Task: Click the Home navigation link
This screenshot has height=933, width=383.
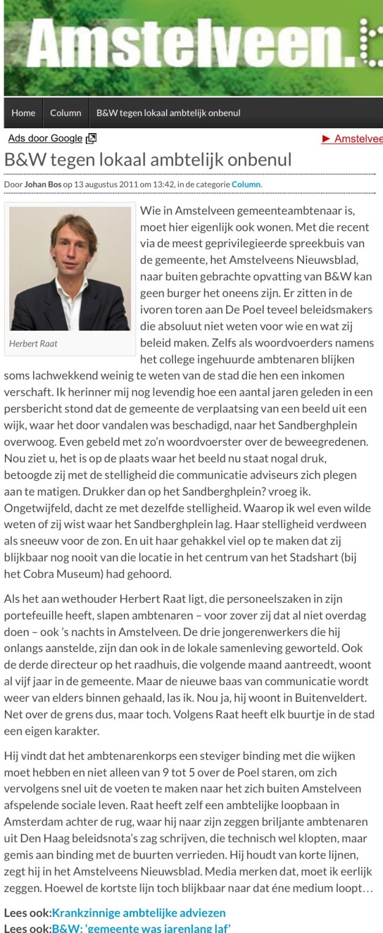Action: click(23, 113)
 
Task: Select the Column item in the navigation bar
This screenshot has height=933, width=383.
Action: click(66, 113)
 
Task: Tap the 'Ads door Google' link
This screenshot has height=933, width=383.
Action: click(45, 139)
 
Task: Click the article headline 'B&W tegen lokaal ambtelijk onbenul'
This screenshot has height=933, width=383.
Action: click(148, 159)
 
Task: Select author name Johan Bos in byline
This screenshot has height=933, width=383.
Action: click(42, 184)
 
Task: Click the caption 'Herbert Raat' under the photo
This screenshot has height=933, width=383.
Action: click(33, 344)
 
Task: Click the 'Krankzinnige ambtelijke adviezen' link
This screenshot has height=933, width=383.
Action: click(138, 913)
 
